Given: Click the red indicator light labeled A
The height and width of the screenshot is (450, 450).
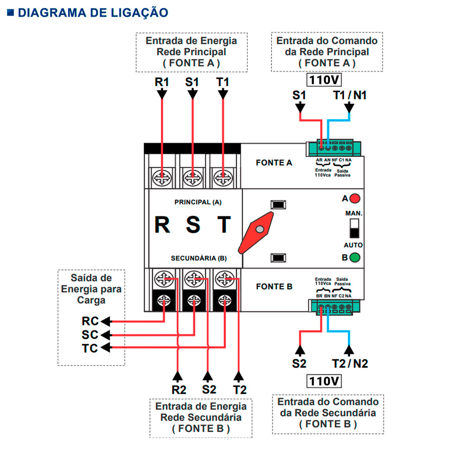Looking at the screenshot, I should pos(355,199).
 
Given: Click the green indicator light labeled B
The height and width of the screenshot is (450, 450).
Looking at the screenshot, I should pos(355,258).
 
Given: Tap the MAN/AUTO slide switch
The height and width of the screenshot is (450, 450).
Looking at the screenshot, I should pos(354,228).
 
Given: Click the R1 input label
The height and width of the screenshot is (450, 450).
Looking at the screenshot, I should pos(162,82).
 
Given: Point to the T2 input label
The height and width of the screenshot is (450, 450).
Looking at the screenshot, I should pos(240,390).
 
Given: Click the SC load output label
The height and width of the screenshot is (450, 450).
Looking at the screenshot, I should pos(90,335).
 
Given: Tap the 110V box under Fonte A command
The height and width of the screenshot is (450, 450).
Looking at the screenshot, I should pos(324,79).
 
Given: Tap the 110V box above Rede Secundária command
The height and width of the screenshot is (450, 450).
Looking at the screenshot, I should pos(324,381).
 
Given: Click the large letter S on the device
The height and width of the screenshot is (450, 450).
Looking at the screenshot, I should pos(193,225).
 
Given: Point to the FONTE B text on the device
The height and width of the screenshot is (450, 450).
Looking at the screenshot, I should pos(274,287).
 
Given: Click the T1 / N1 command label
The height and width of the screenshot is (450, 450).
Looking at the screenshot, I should pos(349,95).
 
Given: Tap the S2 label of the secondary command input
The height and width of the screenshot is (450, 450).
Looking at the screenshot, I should pos(299,363).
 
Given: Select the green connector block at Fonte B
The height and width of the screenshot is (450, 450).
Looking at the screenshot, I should pos(334,307).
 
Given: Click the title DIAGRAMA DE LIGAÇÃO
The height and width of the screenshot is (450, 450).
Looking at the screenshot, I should pos(92,13).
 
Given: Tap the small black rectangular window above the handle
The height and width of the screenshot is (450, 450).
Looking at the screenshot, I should pos(278,205).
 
